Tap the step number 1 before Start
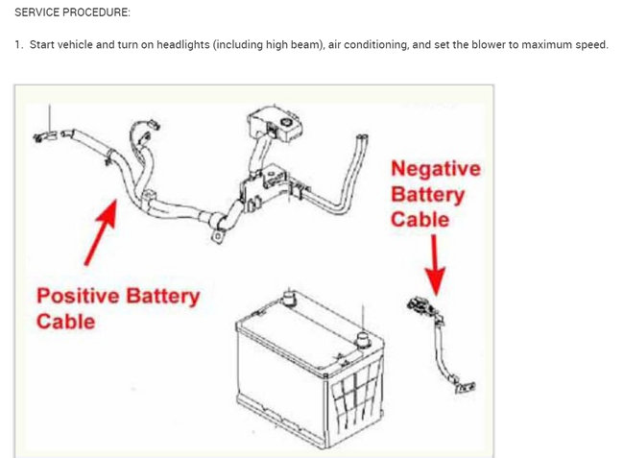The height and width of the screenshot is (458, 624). point(17,45)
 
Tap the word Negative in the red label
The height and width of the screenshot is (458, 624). point(435,169)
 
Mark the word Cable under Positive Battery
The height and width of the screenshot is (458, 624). point(66,321)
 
